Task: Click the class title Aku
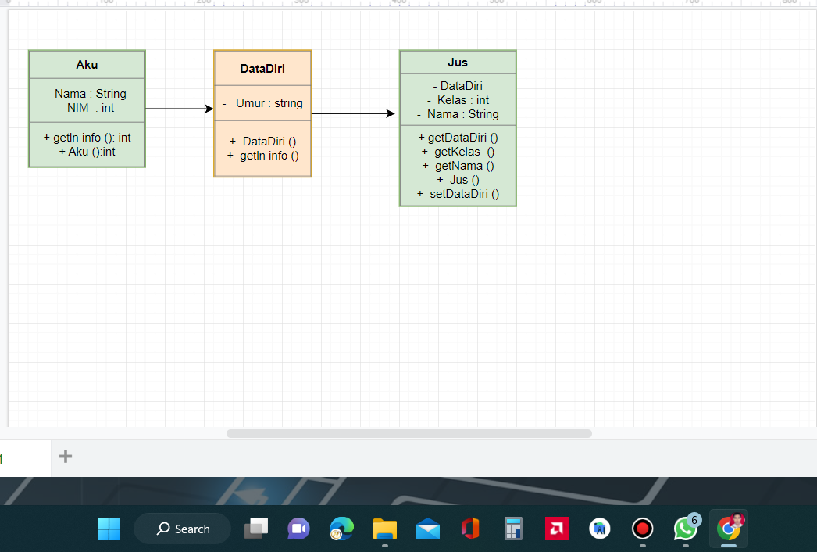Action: [x=87, y=64]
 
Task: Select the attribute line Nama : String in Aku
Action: [x=87, y=94]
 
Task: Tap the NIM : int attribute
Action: [x=87, y=108]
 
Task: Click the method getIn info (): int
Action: [x=87, y=138]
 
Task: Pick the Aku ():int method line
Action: [x=87, y=152]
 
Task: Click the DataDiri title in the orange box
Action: [x=262, y=69]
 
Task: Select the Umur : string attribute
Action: [x=262, y=103]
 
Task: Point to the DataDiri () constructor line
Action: [x=262, y=142]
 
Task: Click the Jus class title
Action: [x=458, y=63]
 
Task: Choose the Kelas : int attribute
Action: [x=458, y=100]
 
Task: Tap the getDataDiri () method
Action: [x=458, y=138]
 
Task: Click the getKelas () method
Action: [x=458, y=152]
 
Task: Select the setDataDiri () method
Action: [x=458, y=194]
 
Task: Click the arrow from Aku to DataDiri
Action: [x=179, y=109]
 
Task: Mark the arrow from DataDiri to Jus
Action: [x=353, y=113]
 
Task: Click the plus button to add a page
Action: [x=66, y=457]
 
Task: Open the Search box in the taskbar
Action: [x=183, y=529]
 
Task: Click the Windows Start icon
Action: [x=109, y=529]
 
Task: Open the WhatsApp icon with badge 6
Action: [x=685, y=529]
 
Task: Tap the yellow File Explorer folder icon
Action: [x=385, y=529]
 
